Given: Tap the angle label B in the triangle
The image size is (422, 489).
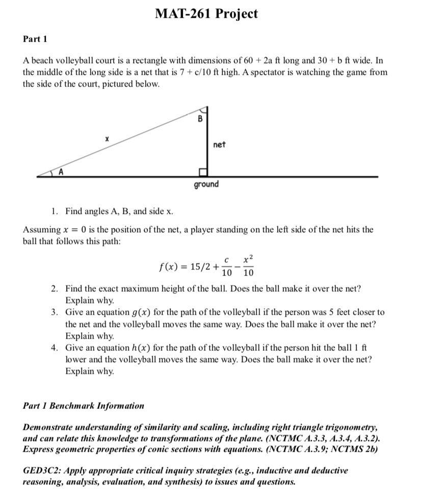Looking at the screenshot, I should tap(200, 119).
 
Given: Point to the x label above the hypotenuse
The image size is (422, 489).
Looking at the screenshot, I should tap(106, 138).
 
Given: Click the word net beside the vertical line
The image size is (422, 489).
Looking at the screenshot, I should tap(219, 145).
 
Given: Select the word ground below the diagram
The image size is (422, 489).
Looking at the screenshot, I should tap(206, 184).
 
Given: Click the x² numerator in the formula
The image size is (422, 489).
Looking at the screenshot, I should tap(248, 259).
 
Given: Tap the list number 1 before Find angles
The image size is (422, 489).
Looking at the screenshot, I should tap(54, 211).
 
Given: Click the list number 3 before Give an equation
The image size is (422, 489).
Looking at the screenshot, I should tap(54, 312).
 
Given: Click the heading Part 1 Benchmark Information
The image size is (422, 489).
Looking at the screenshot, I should tap(84, 406).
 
